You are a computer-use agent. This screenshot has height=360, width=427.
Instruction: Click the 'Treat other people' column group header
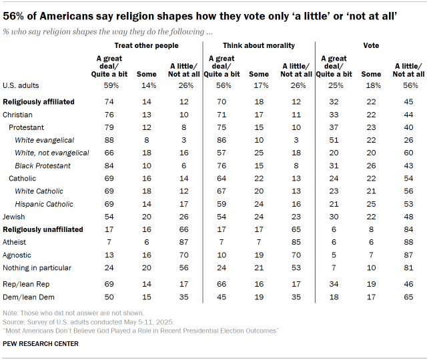point(147,45)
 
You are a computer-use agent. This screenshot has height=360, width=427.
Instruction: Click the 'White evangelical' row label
point(45,140)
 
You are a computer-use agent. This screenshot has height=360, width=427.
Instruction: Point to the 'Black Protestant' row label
point(43,165)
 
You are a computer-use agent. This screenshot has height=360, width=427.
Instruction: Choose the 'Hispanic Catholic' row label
point(45,203)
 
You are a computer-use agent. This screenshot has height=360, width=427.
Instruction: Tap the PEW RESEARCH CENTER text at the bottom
point(41,344)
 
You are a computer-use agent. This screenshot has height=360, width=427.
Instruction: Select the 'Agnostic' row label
point(18,255)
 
